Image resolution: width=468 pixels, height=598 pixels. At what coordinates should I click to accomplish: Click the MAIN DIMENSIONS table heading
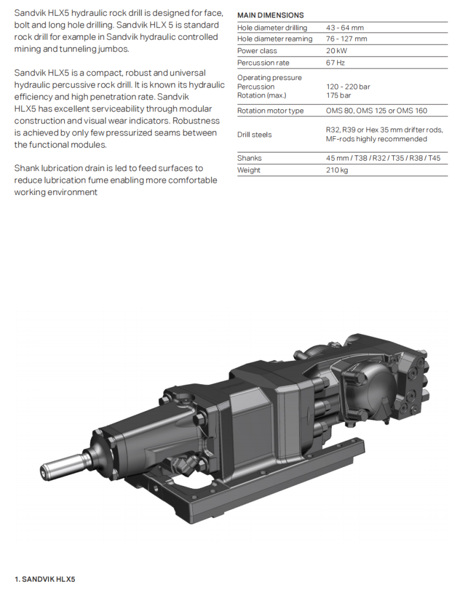[271, 15]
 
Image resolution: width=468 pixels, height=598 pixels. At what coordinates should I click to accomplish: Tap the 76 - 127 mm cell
[346, 39]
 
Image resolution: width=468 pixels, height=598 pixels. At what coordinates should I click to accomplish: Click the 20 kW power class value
[336, 51]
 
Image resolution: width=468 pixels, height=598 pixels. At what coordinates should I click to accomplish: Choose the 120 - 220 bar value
[348, 86]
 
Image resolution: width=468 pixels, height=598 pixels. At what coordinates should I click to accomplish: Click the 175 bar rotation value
[338, 95]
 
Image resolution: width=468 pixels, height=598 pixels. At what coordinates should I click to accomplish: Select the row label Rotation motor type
[270, 111]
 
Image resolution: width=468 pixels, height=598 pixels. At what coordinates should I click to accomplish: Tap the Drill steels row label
[255, 134]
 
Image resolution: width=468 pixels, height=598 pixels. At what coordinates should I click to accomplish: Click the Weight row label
[249, 170]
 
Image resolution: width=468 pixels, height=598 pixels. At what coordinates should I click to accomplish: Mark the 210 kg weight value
[337, 170]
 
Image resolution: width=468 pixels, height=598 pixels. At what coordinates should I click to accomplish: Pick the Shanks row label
[249, 158]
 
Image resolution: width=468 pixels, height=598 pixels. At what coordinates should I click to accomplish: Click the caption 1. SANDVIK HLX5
[44, 579]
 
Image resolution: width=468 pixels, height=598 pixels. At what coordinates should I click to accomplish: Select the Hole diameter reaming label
[275, 39]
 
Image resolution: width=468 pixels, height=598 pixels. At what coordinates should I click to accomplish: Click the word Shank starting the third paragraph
[27, 169]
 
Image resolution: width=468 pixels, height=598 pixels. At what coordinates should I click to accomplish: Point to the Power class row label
[257, 51]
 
